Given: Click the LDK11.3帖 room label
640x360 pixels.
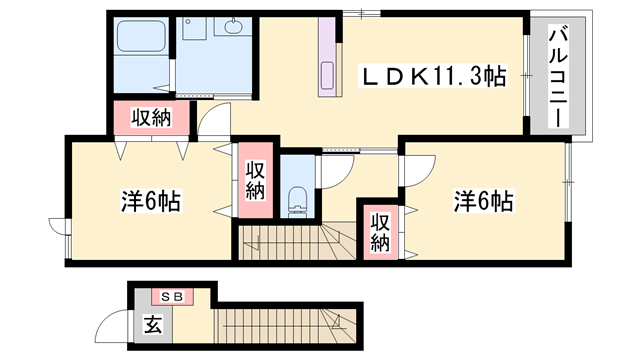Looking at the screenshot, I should pyautogui.click(x=433, y=75).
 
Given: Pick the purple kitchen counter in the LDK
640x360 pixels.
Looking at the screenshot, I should pyautogui.click(x=329, y=61).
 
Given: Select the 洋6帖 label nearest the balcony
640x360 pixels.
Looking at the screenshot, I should pyautogui.click(x=483, y=202).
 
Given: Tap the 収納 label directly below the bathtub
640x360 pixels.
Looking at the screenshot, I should pyautogui.click(x=149, y=117).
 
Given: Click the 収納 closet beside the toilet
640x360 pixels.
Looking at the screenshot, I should pyautogui.click(x=255, y=180).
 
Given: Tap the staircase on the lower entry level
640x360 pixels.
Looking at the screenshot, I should pyautogui.click(x=280, y=324).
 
